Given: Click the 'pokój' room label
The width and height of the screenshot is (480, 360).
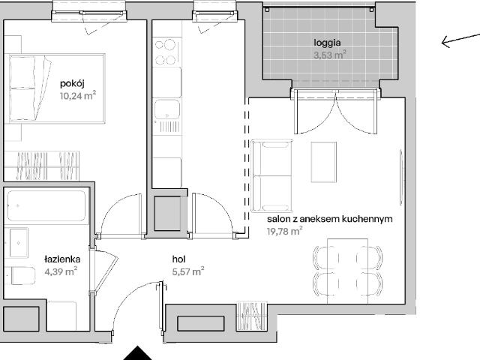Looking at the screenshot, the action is point(72,83).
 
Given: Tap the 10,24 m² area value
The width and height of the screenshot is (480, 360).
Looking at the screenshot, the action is point(78,95).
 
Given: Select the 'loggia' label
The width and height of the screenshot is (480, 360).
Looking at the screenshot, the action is point(327,43).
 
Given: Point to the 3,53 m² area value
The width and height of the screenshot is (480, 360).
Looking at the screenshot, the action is point(330,55).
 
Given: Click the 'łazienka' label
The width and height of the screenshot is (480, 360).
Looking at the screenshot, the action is point(62,259).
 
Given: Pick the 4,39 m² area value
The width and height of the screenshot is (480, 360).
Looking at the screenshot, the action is point(61,271).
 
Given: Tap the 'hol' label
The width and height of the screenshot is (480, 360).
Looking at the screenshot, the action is point(178,259).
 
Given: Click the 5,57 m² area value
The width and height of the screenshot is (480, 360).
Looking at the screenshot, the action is point(188,271).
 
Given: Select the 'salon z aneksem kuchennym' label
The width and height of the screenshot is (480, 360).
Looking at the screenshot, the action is point(330,219).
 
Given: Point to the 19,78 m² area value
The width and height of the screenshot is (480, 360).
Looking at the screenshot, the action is point(285,231).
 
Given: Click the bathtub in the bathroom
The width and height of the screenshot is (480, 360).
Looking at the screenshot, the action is point(46,205).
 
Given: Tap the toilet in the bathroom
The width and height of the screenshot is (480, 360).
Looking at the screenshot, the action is point(22,275).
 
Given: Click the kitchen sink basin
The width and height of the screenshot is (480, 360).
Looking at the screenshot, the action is point(166,109).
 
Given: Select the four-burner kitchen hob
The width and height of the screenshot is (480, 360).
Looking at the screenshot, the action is point(165,52).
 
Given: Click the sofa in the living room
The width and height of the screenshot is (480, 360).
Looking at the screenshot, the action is point(271,175).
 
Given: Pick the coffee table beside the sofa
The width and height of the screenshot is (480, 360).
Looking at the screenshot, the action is point(324,162).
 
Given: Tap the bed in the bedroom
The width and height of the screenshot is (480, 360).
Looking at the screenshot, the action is point(57,88).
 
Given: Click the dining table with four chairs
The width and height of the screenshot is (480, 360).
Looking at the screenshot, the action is point(348,271).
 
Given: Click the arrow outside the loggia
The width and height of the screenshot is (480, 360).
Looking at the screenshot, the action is point(460,40).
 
